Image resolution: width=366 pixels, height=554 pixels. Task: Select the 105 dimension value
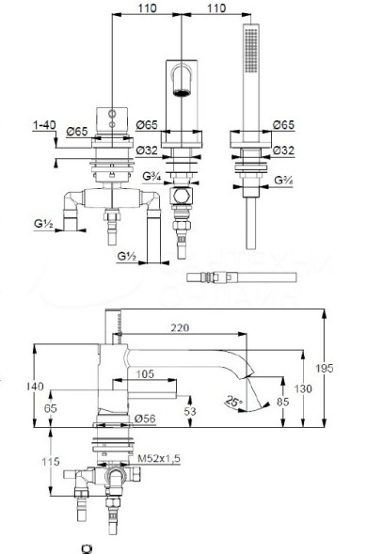pos(142,373)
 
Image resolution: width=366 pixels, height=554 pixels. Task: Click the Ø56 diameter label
pos(145,417)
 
